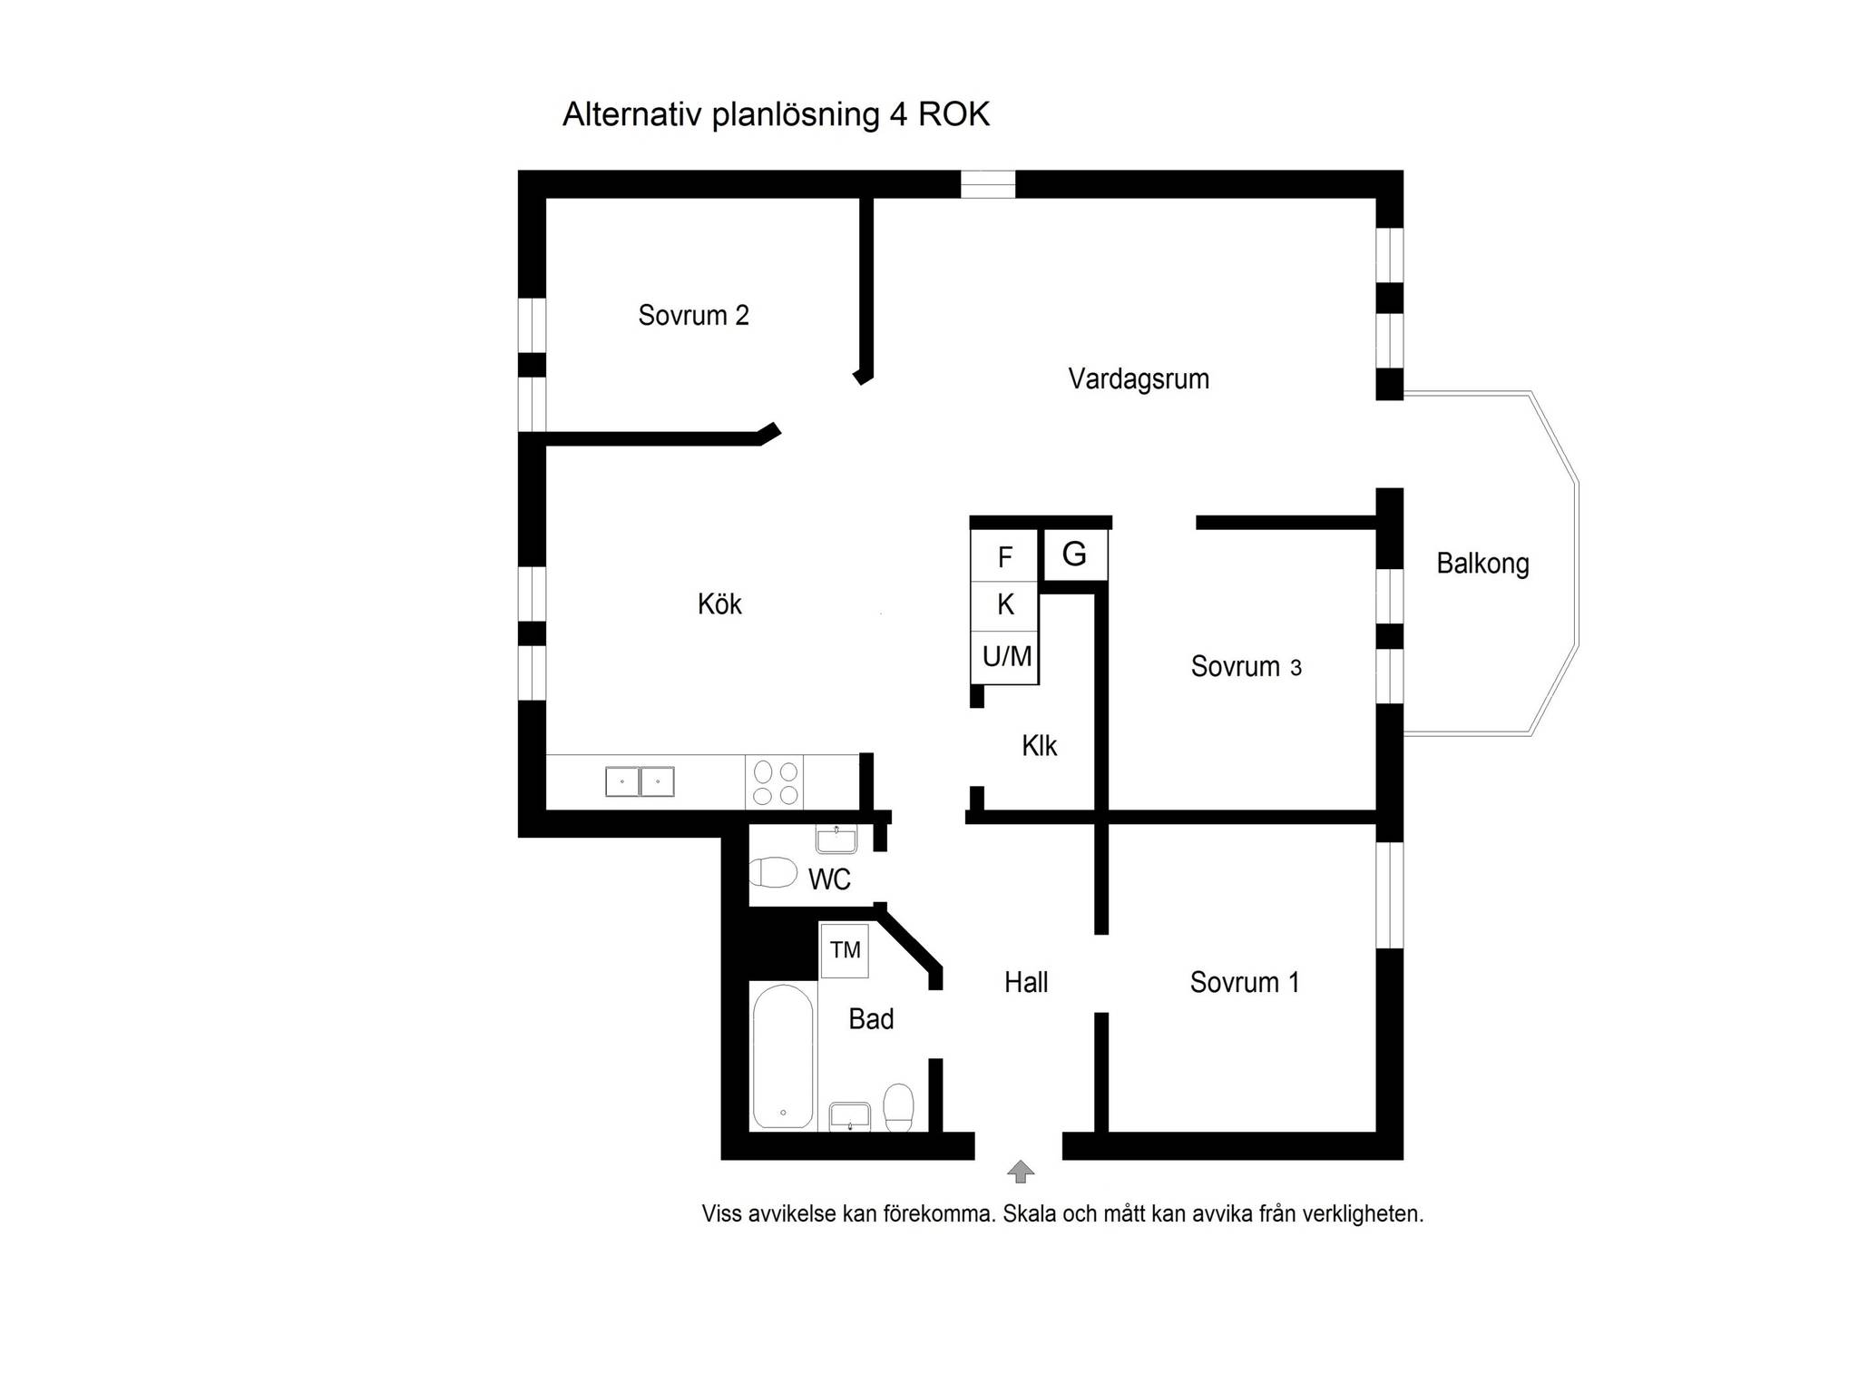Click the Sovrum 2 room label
click(693, 315)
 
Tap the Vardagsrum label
click(1139, 378)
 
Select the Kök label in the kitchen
click(719, 604)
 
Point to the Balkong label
click(1482, 564)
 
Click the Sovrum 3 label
click(1246, 666)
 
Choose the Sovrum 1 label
click(1245, 982)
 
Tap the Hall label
click(1026, 982)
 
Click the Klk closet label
click(1039, 745)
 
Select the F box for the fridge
click(1004, 556)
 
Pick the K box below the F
click(1004, 605)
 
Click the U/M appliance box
click(1005, 656)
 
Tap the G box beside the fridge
click(1074, 554)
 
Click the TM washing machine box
click(845, 950)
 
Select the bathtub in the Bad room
click(783, 1056)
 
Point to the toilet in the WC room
click(773, 872)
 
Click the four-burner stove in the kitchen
click(775, 781)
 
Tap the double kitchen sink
click(640, 781)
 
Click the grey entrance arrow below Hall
click(1021, 1172)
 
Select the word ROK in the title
click(953, 114)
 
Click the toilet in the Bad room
click(898, 1106)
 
